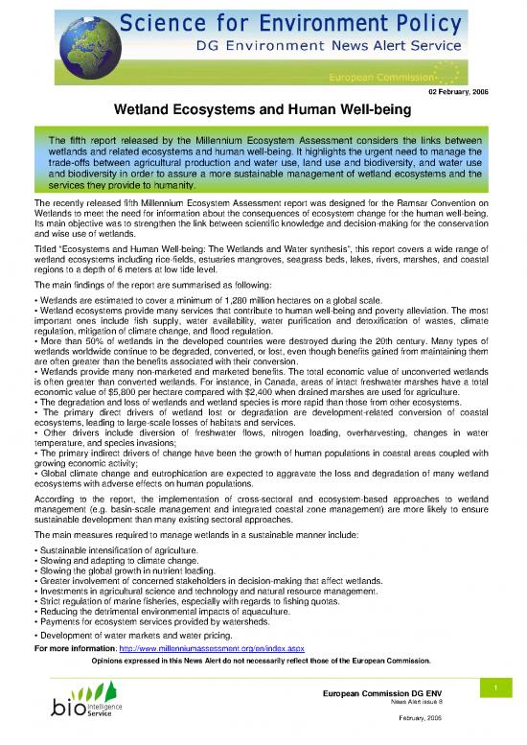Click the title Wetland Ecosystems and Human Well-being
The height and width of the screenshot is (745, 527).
pos(263,110)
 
